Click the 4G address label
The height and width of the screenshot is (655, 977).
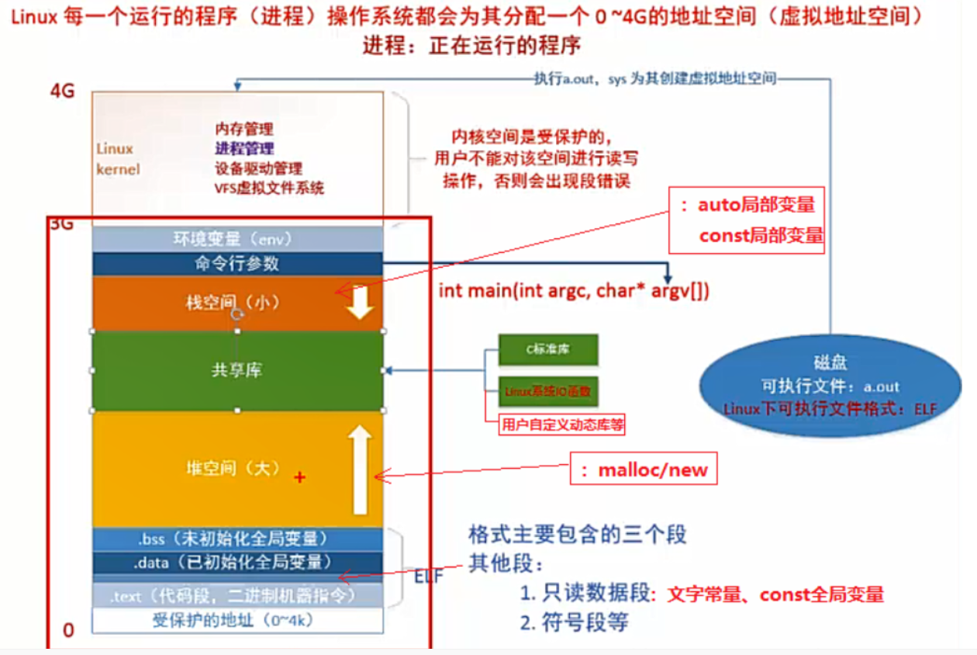coord(62,91)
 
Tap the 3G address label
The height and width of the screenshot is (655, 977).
coord(61,224)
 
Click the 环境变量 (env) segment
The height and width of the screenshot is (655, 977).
coord(237,238)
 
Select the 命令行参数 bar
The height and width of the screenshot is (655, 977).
coord(237,263)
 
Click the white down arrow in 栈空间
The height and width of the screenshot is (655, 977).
coord(360,303)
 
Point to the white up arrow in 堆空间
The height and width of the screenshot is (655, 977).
coord(360,470)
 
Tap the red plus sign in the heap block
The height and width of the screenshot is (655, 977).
coord(300,478)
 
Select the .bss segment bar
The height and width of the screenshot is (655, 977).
coord(237,539)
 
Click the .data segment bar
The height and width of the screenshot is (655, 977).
coord(237,562)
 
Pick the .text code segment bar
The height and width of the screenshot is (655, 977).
coord(237,596)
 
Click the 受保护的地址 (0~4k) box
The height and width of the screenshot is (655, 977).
coord(237,620)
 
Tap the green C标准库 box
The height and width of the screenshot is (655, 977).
coord(548,350)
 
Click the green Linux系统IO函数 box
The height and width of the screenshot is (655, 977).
coord(548,391)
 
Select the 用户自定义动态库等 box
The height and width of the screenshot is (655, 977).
coord(563,424)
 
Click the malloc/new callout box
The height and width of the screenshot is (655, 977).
coord(644,470)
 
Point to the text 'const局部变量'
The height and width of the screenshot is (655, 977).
coord(761,235)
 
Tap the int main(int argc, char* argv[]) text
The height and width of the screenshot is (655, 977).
coord(574,291)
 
